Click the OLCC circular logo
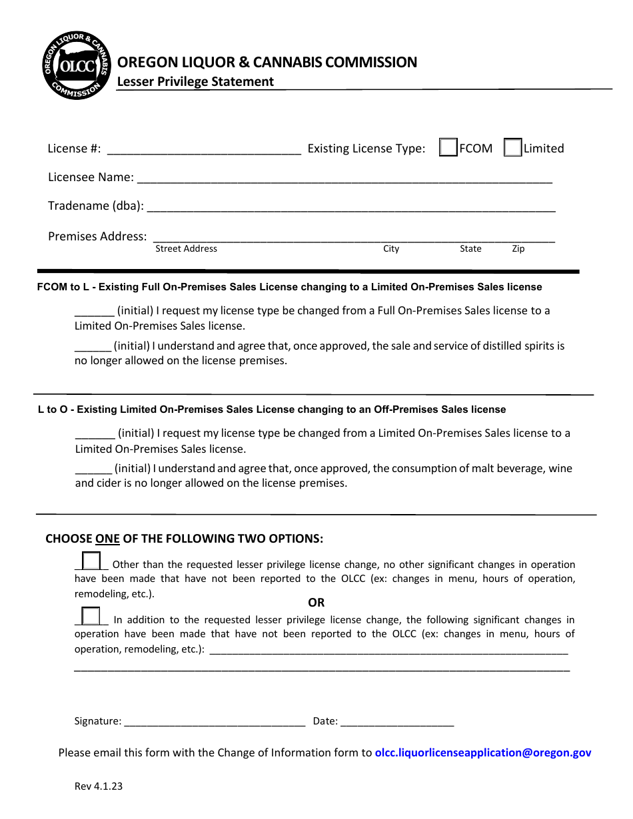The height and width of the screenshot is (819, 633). coord(75,65)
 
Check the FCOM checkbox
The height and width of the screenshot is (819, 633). coord(448,148)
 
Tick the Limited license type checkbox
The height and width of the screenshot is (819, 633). coord(512,148)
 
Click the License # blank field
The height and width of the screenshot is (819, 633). coord(204,149)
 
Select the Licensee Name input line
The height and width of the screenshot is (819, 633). coord(344,178)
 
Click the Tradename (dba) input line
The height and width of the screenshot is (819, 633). coord(350,207)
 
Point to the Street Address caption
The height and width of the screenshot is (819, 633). coord(186,248)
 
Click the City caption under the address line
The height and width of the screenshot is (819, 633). coord(391,248)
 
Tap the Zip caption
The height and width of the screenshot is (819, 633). coord(518,248)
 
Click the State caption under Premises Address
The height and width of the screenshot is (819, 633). coord(470,248)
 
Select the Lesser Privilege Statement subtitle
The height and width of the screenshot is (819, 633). coord(195,82)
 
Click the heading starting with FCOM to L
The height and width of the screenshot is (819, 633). coord(289,287)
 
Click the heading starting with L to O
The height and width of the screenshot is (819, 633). coord(272,409)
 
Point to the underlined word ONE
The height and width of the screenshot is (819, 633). coord(107,539)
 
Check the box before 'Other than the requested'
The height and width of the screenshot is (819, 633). coord(91,561)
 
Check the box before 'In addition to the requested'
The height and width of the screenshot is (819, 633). coord(91,616)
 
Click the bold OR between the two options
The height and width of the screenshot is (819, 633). coord(316,603)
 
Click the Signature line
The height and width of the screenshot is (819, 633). coord(215,721)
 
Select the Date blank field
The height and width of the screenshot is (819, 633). coord(398,721)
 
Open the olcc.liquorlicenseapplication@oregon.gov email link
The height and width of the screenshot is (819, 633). coord(483,752)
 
